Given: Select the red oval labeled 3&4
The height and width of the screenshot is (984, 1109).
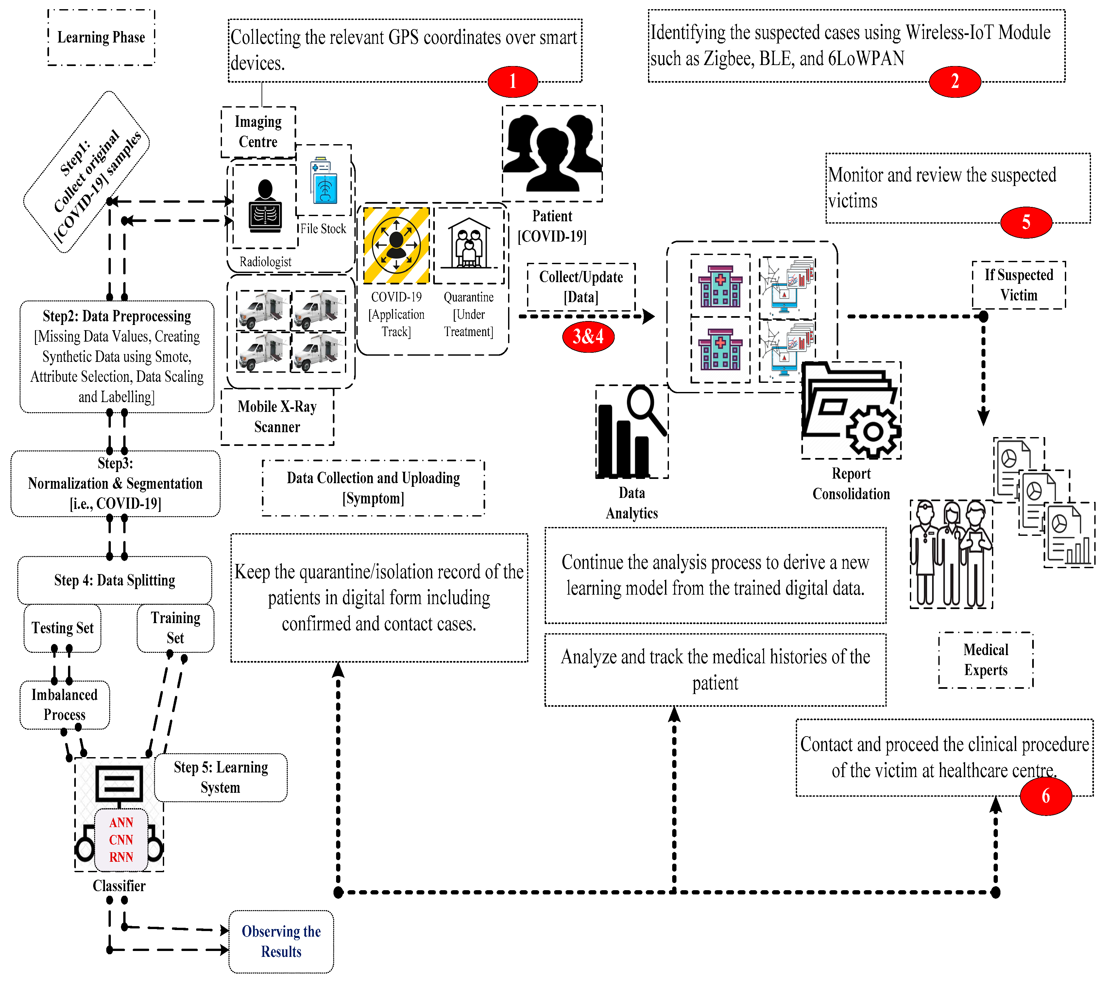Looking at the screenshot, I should tap(588, 336).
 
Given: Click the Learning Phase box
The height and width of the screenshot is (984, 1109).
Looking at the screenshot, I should tap(101, 37).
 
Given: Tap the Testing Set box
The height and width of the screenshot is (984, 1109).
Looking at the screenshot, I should tap(62, 628).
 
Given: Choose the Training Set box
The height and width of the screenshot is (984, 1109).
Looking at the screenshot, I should tap(175, 628).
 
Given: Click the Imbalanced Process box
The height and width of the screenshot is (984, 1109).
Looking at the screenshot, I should tap(64, 704).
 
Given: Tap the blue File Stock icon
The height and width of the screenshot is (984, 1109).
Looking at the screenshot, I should tap(324, 181).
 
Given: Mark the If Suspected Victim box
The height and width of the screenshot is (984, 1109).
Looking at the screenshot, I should tap(1018, 285).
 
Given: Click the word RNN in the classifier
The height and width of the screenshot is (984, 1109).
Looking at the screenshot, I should tap(121, 857).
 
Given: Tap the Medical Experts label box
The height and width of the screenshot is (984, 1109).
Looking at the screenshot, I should tap(985, 660).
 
